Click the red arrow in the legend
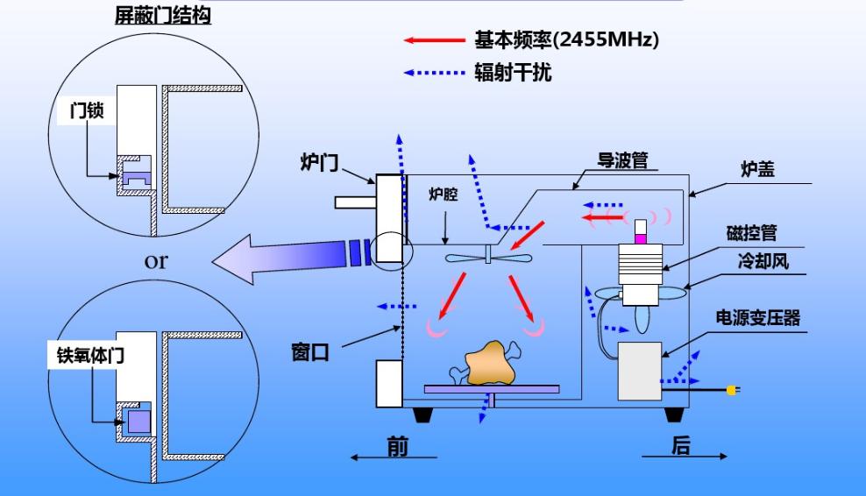(434, 40)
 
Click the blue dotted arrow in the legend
(434, 74)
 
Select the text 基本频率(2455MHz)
(566, 40)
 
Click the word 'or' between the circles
(156, 260)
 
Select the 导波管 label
(622, 160)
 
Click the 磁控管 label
(751, 233)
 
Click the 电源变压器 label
(759, 317)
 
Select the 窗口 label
(309, 352)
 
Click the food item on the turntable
(491, 366)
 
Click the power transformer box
(639, 372)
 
